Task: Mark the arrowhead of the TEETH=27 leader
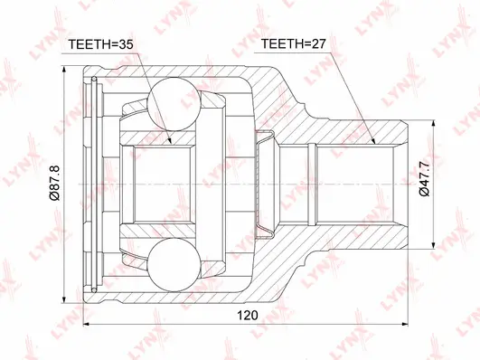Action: pyautogui.click(x=373, y=142)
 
